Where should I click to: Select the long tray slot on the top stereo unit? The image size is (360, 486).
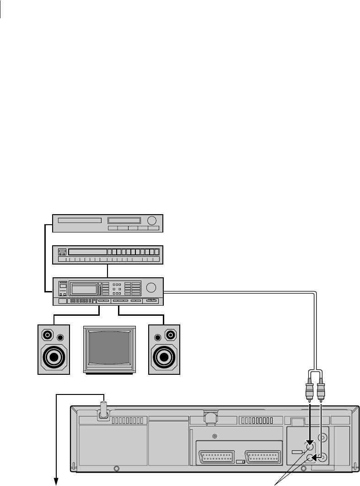(x=79, y=220)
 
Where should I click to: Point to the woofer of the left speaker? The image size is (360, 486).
(x=54, y=356)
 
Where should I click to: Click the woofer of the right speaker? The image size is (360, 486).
(x=164, y=356)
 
